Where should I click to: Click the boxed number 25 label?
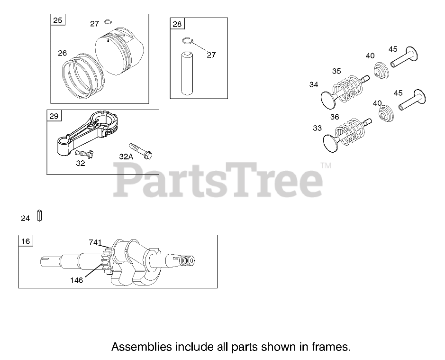pyautogui.click(x=57, y=20)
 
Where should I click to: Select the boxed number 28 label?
pyautogui.click(x=177, y=24)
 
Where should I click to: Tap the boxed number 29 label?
pyautogui.click(x=54, y=116)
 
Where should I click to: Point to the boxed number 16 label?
pyautogui.click(x=26, y=241)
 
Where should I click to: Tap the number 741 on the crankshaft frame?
pyautogui.click(x=95, y=242)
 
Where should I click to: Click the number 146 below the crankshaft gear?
pyautogui.click(x=76, y=280)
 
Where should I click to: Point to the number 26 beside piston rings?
pyautogui.click(x=63, y=53)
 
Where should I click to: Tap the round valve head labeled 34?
pyautogui.click(x=327, y=100)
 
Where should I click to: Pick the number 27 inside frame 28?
pyautogui.click(x=211, y=55)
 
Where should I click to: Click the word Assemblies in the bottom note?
pyautogui.click(x=141, y=347)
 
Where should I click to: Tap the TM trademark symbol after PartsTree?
pyautogui.click(x=326, y=166)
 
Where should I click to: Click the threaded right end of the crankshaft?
pyautogui.click(x=189, y=260)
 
